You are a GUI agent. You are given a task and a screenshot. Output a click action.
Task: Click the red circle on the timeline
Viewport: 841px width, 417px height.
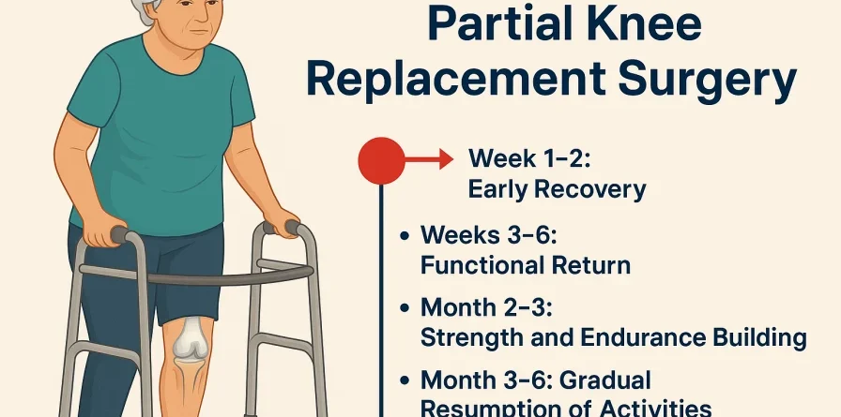pyautogui.click(x=381, y=160)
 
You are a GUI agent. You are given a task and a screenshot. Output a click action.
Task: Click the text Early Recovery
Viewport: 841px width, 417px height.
pyautogui.click(x=557, y=190)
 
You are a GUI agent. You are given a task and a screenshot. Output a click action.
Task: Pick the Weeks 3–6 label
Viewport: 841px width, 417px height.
pyautogui.click(x=488, y=235)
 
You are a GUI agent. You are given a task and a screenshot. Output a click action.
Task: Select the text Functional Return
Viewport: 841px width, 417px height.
pyautogui.click(x=525, y=265)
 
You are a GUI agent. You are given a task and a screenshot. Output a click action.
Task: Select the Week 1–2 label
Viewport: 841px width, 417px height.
pyautogui.click(x=529, y=159)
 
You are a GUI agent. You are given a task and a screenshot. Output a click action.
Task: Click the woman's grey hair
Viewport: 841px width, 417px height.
pyautogui.click(x=144, y=10)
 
